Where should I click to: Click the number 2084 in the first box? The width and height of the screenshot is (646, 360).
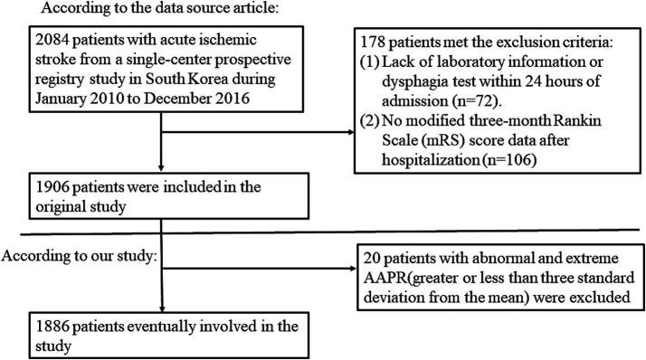[29, 43]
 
